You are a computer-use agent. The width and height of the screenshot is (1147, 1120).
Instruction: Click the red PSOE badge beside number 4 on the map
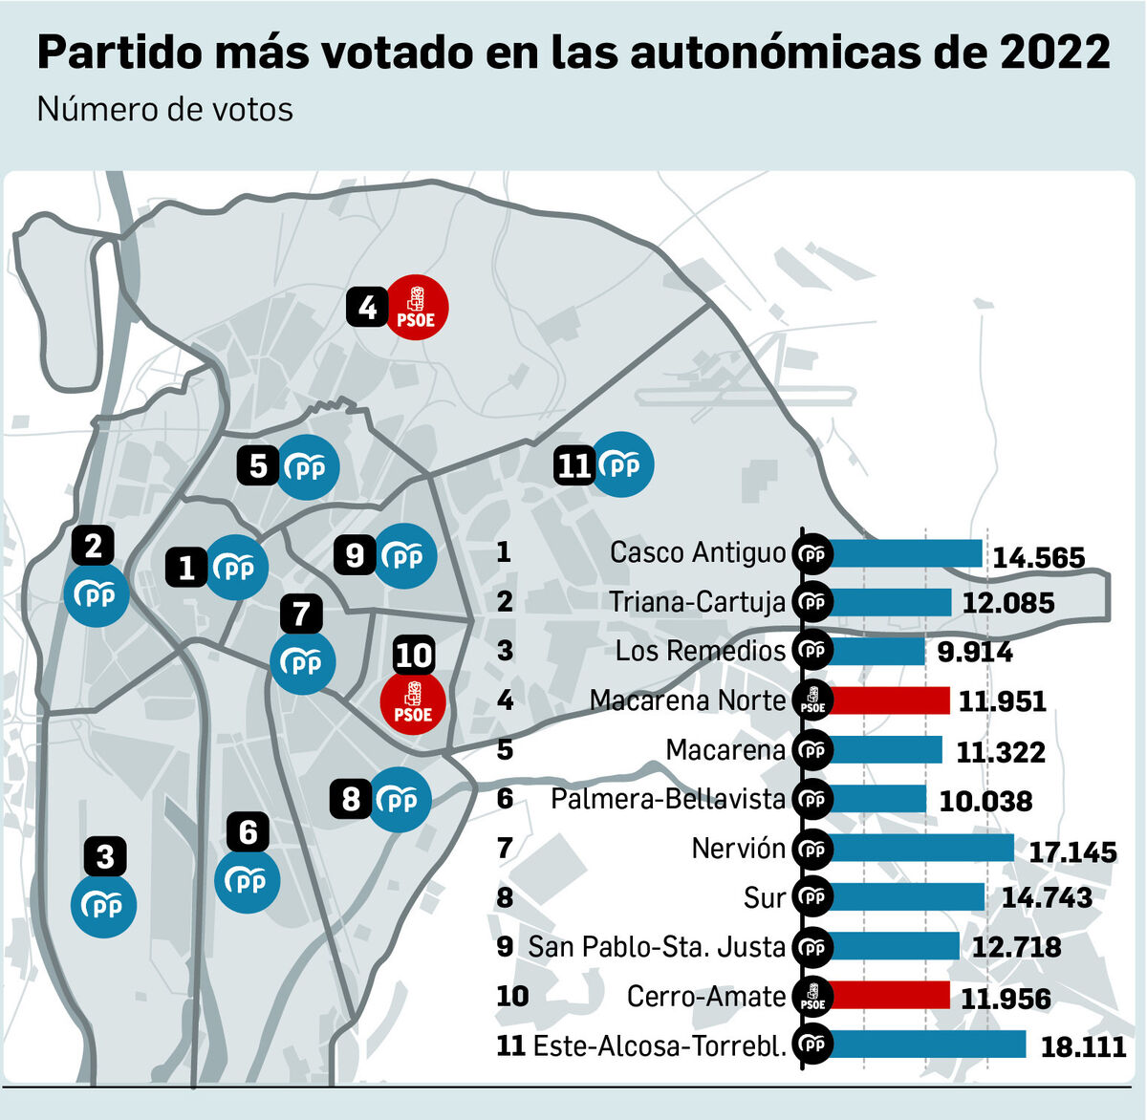(416, 308)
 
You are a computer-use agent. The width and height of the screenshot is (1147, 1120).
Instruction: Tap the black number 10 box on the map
(414, 656)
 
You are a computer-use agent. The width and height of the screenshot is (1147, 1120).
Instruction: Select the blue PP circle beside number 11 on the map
(622, 465)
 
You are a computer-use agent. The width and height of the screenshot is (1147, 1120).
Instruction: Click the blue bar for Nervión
(922, 848)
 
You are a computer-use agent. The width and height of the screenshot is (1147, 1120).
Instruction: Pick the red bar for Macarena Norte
(891, 700)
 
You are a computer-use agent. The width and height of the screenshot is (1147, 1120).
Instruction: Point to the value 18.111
(1083, 1046)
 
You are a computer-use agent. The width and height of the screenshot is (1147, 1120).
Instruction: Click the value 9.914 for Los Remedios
(975, 652)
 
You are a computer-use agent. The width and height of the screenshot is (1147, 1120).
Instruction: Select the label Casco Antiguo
(698, 552)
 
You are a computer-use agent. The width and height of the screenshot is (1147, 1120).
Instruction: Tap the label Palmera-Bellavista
(668, 799)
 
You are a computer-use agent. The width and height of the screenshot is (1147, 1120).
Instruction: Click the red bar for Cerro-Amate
(891, 996)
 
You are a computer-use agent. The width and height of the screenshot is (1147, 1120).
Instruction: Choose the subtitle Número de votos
(165, 110)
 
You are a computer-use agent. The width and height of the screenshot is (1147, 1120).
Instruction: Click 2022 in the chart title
(1055, 53)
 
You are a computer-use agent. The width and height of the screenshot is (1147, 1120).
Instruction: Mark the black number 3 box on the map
(105, 856)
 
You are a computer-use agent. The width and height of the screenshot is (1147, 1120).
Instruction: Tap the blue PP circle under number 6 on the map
(248, 880)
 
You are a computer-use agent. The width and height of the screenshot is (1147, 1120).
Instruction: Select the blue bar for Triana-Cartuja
(892, 602)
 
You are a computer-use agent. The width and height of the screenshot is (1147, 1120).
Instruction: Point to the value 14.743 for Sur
(1047, 897)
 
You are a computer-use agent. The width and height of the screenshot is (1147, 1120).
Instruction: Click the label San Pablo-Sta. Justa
(657, 947)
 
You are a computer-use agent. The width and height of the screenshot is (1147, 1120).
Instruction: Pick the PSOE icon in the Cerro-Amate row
(813, 997)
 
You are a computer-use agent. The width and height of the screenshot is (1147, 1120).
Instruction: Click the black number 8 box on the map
(351, 799)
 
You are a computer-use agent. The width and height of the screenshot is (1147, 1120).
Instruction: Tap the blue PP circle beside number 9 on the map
(406, 555)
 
